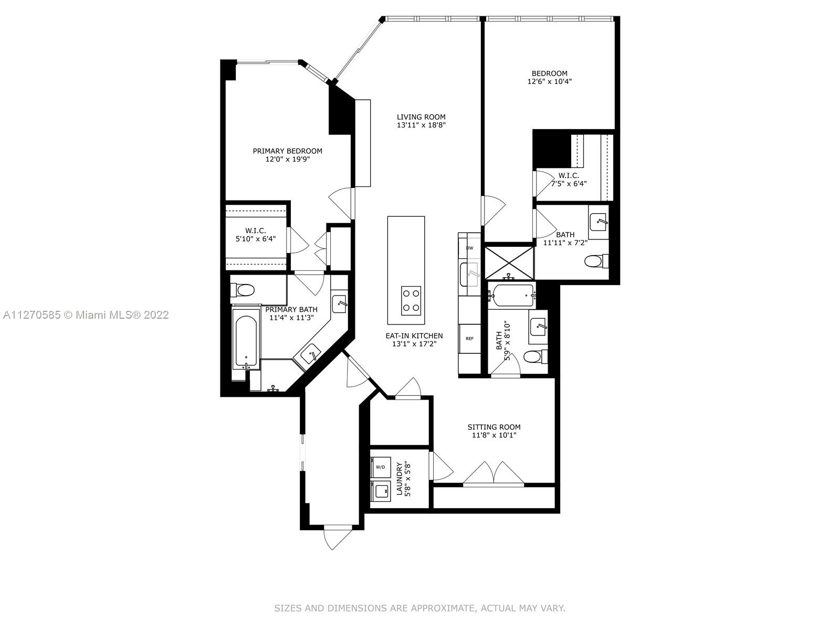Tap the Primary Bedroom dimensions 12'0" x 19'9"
[287, 159]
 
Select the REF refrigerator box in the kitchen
[469, 339]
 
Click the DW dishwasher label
[469, 248]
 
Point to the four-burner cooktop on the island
[411, 301]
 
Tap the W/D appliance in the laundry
[381, 467]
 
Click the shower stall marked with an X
[509, 263]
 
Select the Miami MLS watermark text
[86, 315]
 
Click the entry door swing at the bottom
[338, 538]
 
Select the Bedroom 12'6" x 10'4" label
[549, 77]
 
